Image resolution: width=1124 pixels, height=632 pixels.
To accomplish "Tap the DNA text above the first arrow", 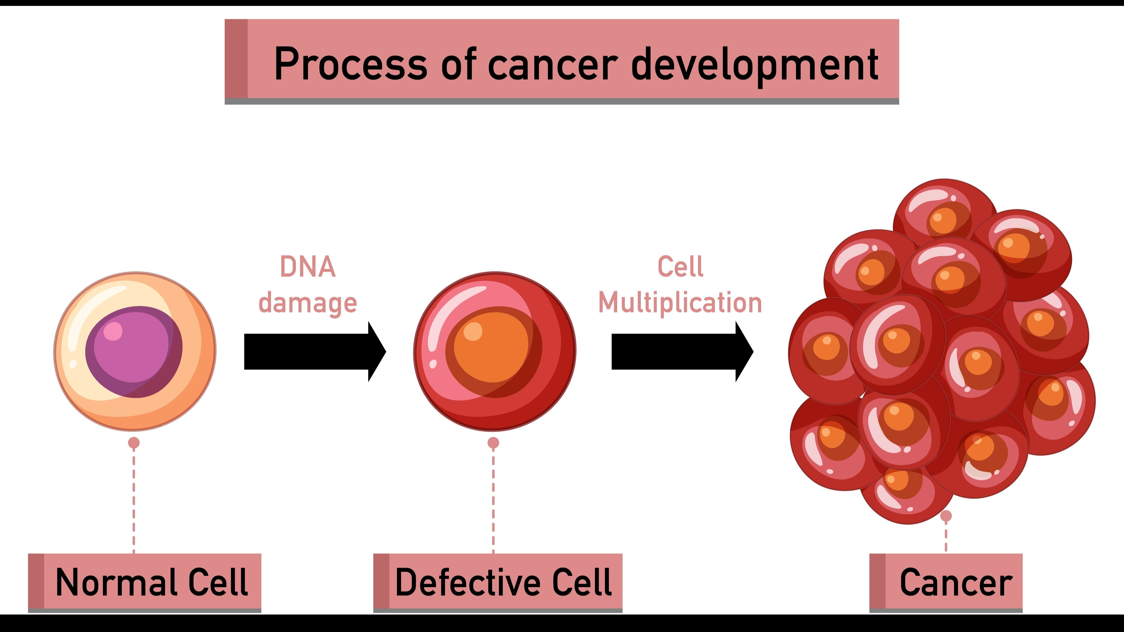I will (x=308, y=267).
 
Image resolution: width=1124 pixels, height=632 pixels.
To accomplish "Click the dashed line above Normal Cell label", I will (x=134, y=502).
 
